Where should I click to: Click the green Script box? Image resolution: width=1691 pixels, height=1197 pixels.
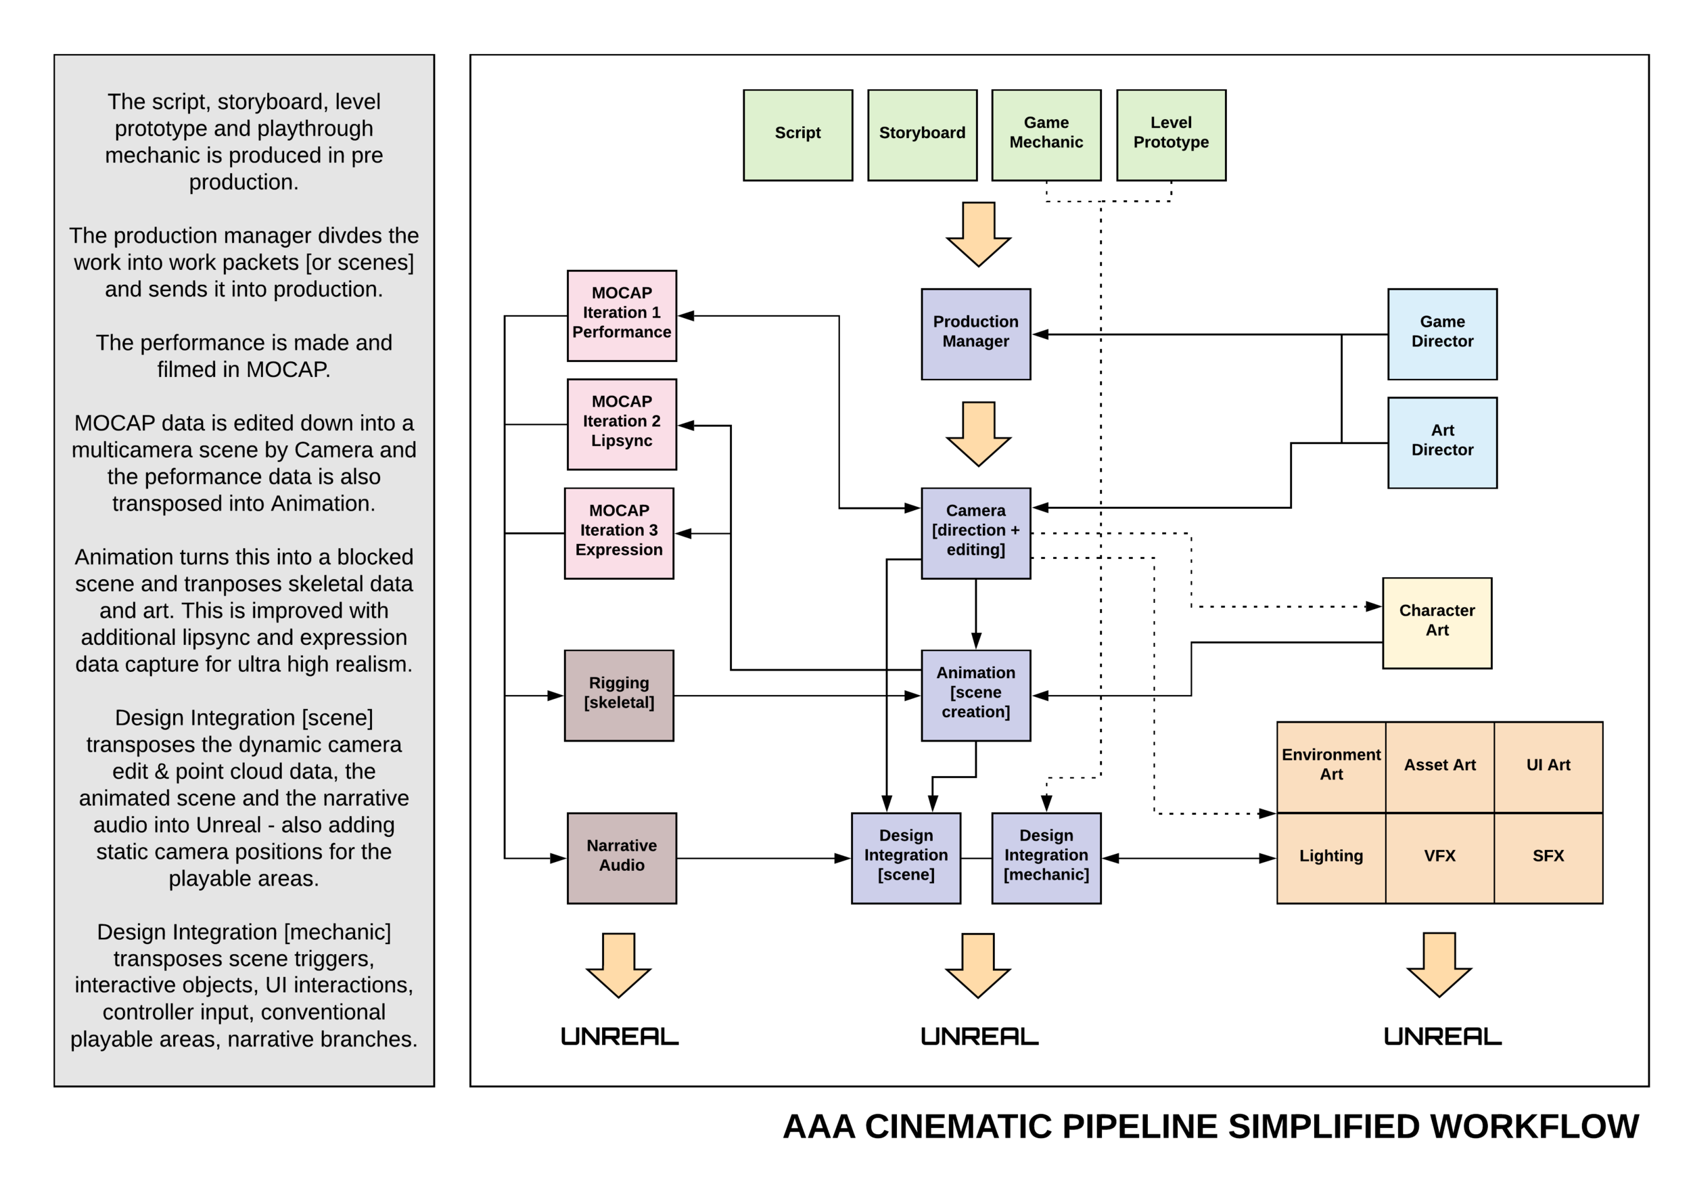pos(797,135)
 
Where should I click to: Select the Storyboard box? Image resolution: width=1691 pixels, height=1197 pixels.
pos(922,135)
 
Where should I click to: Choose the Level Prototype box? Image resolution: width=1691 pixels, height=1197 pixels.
pos(1171,135)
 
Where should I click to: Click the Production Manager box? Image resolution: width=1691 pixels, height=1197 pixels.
pos(975,334)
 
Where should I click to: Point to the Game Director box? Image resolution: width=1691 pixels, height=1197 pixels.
pos(1442,334)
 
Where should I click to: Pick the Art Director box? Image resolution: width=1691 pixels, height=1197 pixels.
pos(1442,443)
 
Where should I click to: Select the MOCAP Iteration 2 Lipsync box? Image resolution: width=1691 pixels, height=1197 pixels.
pos(621,424)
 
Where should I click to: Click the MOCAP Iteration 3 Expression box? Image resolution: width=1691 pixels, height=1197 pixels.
pos(619,533)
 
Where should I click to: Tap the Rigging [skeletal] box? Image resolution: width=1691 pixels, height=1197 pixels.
pos(619,695)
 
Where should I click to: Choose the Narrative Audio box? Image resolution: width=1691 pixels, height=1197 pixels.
pos(621,858)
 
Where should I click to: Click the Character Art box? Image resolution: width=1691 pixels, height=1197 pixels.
pos(1437,623)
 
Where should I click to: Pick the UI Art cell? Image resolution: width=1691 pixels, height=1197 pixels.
pos(1548,767)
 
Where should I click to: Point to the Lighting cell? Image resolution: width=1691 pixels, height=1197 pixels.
pos(1330,858)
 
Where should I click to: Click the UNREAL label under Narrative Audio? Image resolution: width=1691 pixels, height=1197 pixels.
pos(619,1037)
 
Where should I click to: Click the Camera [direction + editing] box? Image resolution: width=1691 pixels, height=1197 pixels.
pos(975,533)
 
